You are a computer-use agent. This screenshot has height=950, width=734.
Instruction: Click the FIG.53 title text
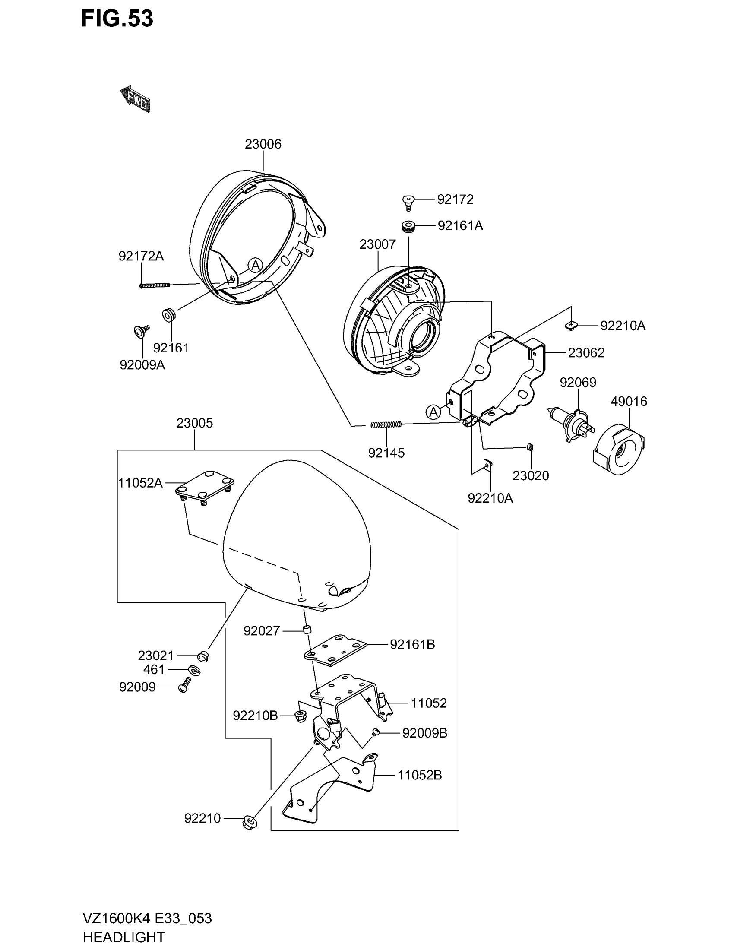117,19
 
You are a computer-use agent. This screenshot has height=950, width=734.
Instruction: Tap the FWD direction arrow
136,100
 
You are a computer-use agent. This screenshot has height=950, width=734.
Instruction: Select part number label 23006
263,144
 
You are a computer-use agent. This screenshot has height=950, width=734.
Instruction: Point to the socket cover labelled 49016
619,450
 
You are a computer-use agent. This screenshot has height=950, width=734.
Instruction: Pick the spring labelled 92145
386,424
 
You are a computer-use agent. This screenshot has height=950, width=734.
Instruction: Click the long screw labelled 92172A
155,285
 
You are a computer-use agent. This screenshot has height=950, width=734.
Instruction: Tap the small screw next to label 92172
408,202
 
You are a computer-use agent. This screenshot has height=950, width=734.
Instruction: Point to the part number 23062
586,353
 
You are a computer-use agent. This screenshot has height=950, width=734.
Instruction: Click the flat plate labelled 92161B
335,649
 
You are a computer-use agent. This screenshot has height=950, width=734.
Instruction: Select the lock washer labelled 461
194,670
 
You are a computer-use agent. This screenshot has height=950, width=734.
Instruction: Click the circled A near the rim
255,264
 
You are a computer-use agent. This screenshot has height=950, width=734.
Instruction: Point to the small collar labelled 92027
307,629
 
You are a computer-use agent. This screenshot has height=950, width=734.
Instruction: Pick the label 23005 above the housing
194,423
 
